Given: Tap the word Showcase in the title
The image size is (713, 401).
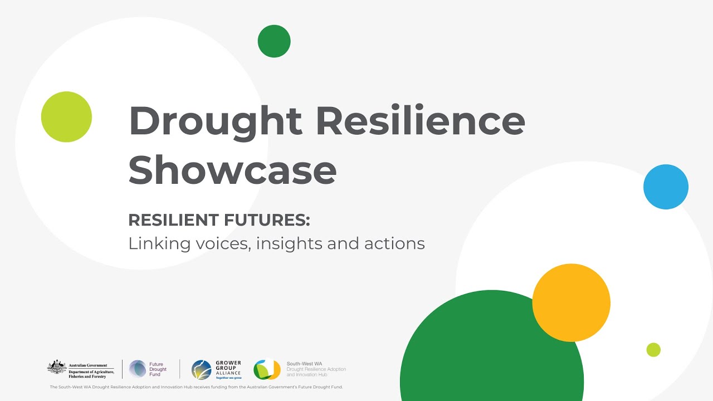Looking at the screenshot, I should click(x=232, y=170).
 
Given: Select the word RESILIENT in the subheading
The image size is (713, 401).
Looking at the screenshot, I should click(x=173, y=220).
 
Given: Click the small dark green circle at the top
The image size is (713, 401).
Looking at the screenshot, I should click(x=274, y=41).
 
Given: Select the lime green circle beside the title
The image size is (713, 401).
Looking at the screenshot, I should click(x=66, y=117).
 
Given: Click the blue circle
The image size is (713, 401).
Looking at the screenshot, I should click(x=666, y=187).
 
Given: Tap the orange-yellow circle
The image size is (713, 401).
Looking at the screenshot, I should click(x=571, y=302).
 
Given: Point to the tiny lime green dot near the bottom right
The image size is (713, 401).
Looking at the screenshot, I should click(x=653, y=350).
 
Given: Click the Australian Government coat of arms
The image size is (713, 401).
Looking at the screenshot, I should click(x=56, y=368).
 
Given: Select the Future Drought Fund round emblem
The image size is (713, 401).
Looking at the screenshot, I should click(x=138, y=369).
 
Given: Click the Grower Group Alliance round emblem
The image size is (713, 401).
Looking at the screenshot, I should click(x=201, y=369).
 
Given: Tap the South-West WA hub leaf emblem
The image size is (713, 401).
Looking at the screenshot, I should click(x=267, y=369).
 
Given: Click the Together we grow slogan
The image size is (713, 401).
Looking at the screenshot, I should click(x=228, y=378).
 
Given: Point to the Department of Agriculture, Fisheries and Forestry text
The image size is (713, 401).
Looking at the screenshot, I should click(x=91, y=374).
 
